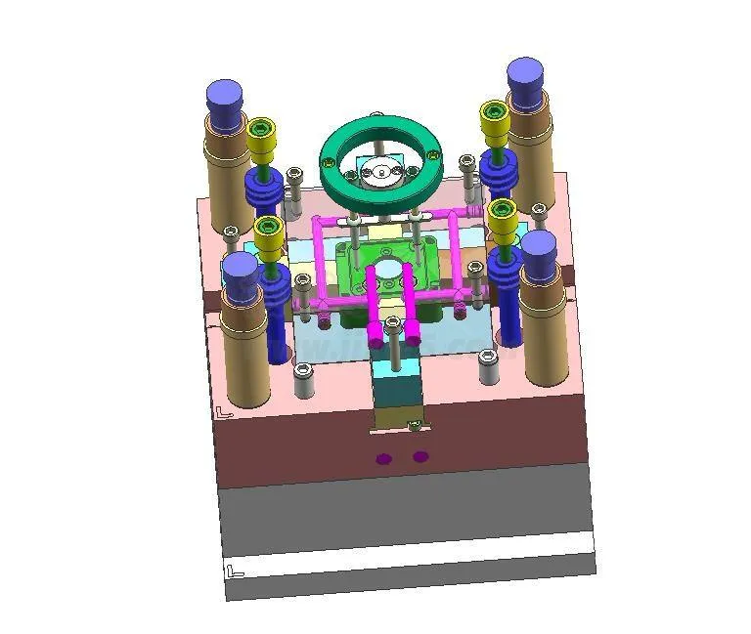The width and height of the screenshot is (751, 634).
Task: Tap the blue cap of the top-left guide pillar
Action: click(225, 101)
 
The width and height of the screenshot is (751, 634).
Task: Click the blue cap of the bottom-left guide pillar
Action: click(240, 274)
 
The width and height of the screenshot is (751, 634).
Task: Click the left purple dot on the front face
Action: click(383, 458)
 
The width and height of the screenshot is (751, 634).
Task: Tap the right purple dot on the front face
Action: click(420, 455)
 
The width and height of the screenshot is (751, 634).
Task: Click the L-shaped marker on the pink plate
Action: click(224, 412)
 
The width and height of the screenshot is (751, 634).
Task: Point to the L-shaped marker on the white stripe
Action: click(234, 571)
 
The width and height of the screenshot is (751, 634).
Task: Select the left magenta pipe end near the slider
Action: click(376, 342)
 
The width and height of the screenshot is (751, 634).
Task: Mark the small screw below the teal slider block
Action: click(414, 423)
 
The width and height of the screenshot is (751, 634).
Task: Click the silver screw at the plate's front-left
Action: click(303, 371)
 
